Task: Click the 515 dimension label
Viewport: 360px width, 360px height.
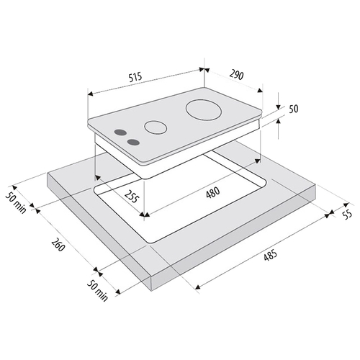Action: tap(135, 77)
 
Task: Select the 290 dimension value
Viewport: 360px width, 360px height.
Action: tap(236, 75)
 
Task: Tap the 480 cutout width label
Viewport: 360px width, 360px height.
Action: tap(213, 193)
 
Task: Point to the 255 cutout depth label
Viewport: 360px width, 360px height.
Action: tap(132, 197)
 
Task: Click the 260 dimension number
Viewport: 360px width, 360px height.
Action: tap(58, 245)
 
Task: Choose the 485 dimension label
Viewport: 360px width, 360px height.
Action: tap(271, 255)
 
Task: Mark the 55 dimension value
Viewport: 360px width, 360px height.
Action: tap(347, 214)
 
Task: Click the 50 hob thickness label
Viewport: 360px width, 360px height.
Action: tap(293, 109)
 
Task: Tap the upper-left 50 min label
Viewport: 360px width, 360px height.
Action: tap(16, 203)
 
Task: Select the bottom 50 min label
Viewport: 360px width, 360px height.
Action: tap(97, 290)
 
